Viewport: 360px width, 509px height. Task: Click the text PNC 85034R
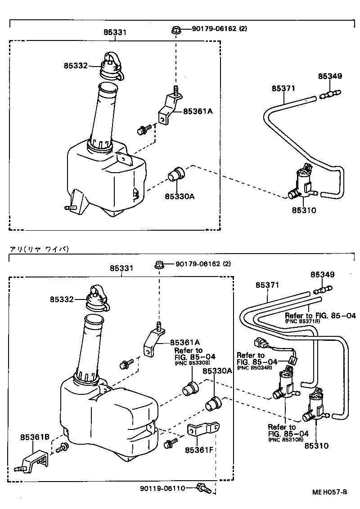[254, 367]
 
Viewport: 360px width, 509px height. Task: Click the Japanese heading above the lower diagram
[38, 249]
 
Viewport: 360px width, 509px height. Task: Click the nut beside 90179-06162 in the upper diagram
[176, 30]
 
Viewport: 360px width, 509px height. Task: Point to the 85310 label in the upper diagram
[304, 210]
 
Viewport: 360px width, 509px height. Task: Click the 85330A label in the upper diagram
[179, 196]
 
